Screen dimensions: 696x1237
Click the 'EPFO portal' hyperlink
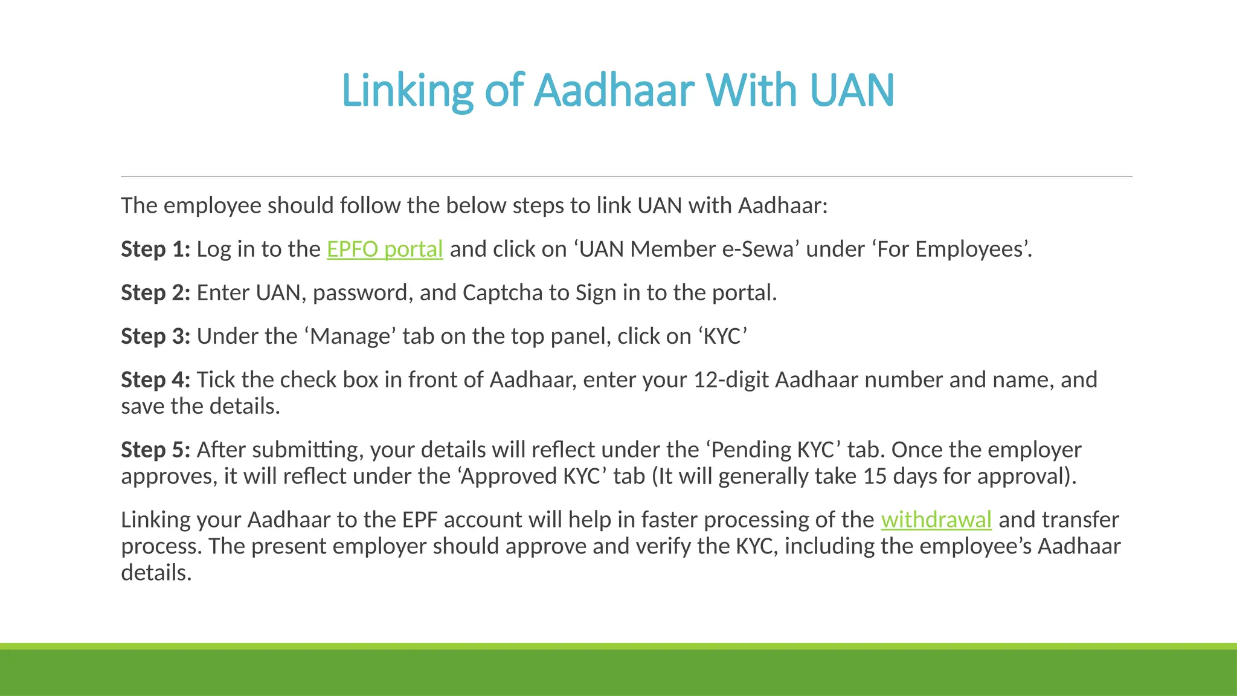point(385,249)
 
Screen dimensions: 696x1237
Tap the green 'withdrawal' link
point(936,520)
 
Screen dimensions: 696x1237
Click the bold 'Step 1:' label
point(156,249)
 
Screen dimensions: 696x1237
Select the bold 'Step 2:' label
point(156,292)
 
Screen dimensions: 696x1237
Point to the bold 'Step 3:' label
point(156,336)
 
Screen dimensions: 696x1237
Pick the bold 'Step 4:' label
point(156,379)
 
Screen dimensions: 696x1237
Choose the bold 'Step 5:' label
point(156,449)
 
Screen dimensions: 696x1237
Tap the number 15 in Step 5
point(875,476)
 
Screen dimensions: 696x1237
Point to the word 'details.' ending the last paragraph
point(156,573)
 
